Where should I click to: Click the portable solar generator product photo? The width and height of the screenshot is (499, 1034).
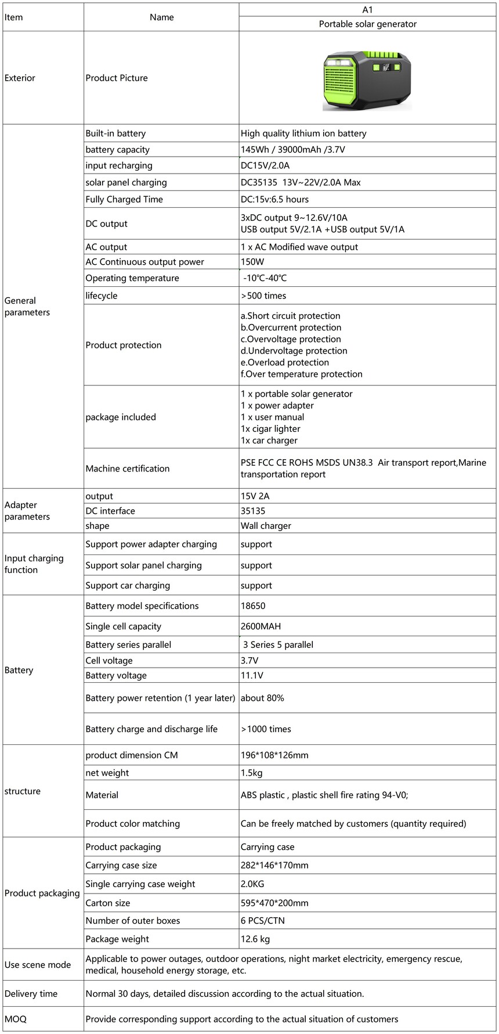[x=367, y=80]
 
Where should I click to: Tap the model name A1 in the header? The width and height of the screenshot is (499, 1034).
[x=367, y=10]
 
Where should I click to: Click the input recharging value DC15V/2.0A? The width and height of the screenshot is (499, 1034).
[x=265, y=165]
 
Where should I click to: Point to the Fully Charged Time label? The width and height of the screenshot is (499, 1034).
[x=124, y=200]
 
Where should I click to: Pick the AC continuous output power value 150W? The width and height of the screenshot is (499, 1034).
[x=252, y=262]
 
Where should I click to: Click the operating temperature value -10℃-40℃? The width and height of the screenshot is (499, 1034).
[x=265, y=278]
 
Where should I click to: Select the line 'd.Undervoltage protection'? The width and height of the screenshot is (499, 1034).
[x=294, y=351]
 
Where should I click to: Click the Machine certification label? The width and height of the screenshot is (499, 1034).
[x=128, y=469]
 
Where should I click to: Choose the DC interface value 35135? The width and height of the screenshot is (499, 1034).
[x=253, y=511]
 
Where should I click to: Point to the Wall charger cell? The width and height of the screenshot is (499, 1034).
[x=266, y=526]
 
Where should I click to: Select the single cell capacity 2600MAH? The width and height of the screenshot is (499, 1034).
[x=261, y=626]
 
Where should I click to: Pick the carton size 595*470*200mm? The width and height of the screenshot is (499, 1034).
[x=274, y=903]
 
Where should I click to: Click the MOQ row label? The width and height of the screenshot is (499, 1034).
[x=16, y=1019]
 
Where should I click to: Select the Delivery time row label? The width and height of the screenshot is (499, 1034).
[x=31, y=994]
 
